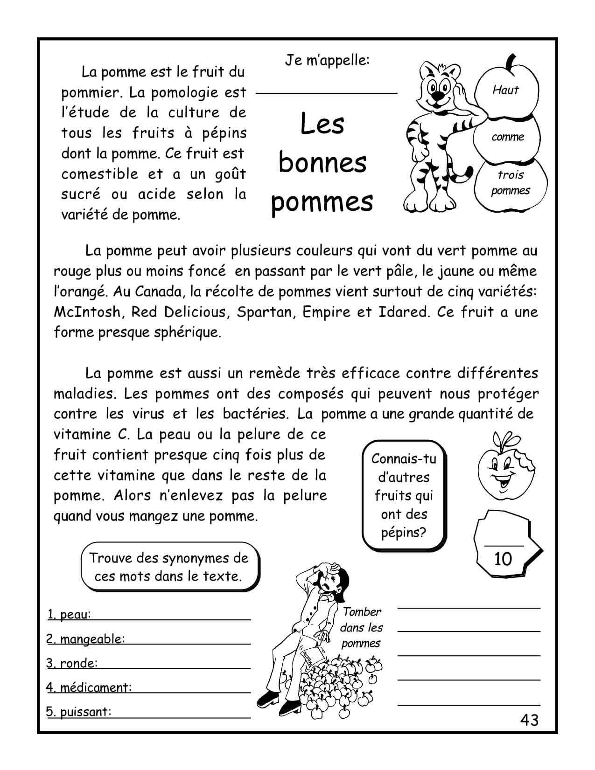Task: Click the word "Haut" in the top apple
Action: [x=505, y=90]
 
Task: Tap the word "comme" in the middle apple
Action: [x=508, y=137]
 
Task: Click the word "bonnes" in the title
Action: [x=322, y=163]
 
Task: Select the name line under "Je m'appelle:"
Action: [x=327, y=93]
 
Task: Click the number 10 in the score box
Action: [x=503, y=559]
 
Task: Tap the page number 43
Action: [x=529, y=721]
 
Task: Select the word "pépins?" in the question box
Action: [x=404, y=533]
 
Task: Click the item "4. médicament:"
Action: [x=89, y=687]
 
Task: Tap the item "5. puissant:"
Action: [x=79, y=712]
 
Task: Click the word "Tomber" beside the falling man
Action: [x=362, y=612]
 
